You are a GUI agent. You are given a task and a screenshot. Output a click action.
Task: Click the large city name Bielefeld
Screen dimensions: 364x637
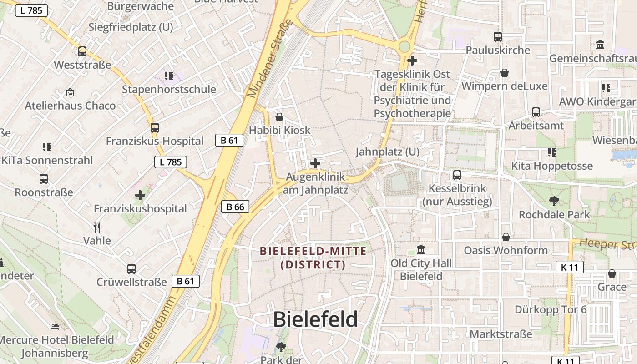coord(315,319)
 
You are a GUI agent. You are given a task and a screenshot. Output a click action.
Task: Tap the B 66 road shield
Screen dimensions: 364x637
coord(235,207)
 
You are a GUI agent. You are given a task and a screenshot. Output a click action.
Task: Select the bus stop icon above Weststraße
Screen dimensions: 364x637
coord(82,51)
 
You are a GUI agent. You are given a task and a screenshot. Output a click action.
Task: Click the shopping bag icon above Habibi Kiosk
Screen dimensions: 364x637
coord(279,117)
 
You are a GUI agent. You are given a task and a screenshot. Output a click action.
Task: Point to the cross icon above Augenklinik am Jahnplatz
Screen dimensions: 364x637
coord(315,163)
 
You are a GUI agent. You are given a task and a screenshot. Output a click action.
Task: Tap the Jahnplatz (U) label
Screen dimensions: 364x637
coord(387,152)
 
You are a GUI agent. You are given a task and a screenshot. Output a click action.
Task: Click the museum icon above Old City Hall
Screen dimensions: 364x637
coord(421,250)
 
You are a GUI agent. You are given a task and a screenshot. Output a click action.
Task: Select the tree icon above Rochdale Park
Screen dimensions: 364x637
coord(554,201)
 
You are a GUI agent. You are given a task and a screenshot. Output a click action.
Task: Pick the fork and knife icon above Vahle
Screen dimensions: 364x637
coord(96,227)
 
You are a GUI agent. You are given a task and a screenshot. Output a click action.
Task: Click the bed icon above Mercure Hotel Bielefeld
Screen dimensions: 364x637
coord(55,326)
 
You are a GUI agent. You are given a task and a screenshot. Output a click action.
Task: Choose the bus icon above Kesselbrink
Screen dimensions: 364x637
coord(457,175)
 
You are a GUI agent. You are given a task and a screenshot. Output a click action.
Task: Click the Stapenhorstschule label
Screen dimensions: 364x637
coord(169,89)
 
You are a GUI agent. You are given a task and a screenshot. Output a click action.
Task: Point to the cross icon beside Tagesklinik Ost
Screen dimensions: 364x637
coord(412,60)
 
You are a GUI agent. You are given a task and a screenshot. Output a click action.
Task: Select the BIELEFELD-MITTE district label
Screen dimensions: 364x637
coord(313,258)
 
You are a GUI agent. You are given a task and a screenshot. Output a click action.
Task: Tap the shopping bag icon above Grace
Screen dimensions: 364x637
coord(612,273)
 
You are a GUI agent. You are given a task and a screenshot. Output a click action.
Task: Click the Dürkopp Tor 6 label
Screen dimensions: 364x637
coord(551,310)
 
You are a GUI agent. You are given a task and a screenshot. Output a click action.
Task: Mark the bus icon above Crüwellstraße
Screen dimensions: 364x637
coord(131,269)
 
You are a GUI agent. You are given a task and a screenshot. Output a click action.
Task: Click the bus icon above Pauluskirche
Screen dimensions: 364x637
coord(498,37)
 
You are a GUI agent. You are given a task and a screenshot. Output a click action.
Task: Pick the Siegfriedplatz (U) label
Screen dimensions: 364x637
coord(131,27)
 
